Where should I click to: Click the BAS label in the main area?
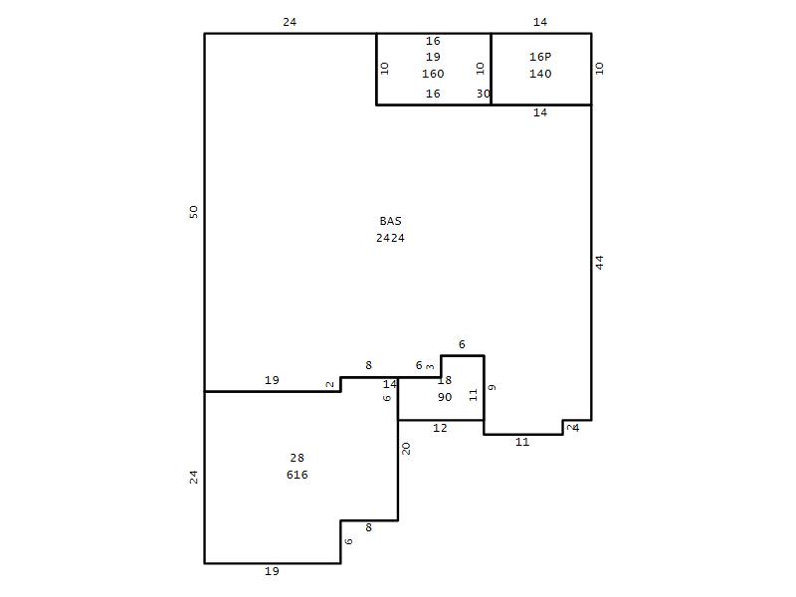coord(390,221)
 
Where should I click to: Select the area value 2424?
coord(390,238)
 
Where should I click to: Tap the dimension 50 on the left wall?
coord(193,212)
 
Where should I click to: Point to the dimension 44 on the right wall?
coord(600,263)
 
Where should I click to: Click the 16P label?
coord(540,57)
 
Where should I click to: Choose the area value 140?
coord(540,74)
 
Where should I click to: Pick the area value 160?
coord(433,74)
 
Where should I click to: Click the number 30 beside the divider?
coord(484,94)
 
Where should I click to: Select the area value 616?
coord(297,475)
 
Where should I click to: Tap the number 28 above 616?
coord(297,458)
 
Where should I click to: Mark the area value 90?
coord(445,397)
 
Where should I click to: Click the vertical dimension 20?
coord(406,449)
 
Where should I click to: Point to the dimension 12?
coord(440,428)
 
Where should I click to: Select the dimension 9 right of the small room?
coord(492,387)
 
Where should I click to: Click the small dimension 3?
coord(431,366)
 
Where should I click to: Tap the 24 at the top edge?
coord(290,22)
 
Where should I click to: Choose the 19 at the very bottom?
coord(272,571)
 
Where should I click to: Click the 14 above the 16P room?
coord(540,22)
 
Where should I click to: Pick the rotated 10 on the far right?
coord(600,68)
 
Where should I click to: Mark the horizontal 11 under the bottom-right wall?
coord(522,442)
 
